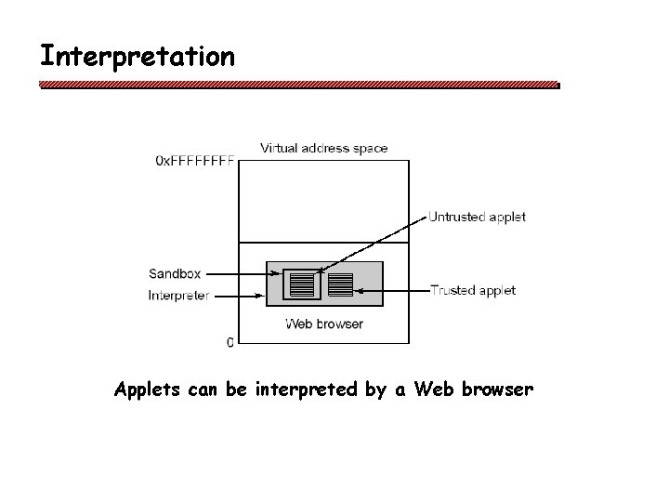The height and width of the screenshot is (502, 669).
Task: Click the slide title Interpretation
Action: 137,56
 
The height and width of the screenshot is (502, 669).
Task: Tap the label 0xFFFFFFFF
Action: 195,161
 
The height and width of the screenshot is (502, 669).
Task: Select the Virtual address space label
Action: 324,148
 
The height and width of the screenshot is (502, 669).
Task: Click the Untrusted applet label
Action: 477,218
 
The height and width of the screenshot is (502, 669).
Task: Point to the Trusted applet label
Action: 473,291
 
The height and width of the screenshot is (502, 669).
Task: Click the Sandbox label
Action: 174,273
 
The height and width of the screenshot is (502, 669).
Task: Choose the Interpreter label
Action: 178,297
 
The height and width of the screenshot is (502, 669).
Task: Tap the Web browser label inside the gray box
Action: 324,324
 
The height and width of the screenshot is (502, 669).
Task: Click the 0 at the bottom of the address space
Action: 230,342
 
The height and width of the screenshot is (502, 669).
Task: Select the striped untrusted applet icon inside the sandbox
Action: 302,284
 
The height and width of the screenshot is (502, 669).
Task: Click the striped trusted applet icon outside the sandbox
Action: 341,284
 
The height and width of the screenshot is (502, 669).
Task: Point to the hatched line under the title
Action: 297,85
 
